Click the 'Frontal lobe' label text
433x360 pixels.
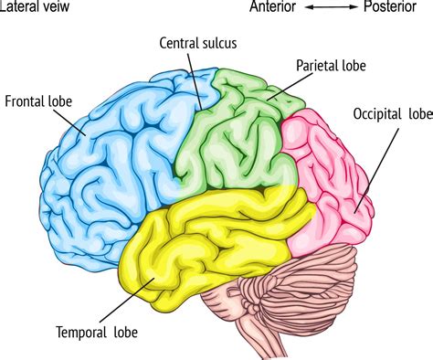point(37,101)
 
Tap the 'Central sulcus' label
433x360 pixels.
point(194,43)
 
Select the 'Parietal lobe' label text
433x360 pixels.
point(330,66)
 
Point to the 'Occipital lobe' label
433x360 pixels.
point(390,114)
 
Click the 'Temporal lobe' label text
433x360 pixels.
point(96,333)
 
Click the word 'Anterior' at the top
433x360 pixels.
point(274,8)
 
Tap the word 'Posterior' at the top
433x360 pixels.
point(396,8)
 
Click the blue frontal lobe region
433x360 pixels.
point(119,155)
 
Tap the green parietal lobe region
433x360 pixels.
point(238,137)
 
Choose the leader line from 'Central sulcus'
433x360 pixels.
point(195,73)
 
